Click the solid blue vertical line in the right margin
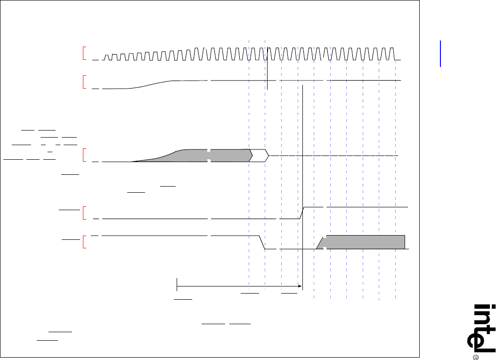(x=441, y=54)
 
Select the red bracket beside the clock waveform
(x=84, y=53)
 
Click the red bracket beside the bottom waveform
(x=84, y=242)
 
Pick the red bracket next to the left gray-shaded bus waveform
(x=84, y=155)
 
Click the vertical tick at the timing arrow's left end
(x=177, y=286)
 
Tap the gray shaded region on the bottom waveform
(x=363, y=242)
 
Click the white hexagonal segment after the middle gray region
(x=259, y=155)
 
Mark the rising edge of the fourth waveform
(x=302, y=213)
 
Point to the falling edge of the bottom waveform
(x=262, y=242)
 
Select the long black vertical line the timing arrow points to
(x=302, y=188)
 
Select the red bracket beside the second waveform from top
(x=84, y=82)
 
